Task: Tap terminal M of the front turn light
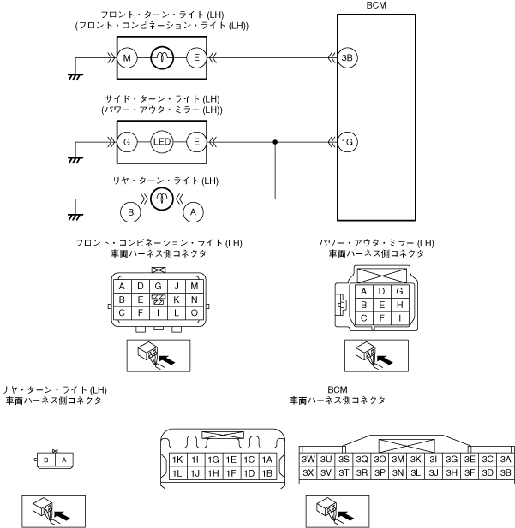[127, 58]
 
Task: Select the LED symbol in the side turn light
[162, 142]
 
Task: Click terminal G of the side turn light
[127, 142]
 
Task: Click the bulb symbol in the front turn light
[162, 58]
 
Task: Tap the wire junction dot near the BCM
[275, 142]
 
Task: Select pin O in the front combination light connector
[195, 312]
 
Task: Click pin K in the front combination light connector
[177, 300]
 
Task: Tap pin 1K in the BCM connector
[177, 460]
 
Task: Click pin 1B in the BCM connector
[267, 472]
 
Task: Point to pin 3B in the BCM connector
[505, 472]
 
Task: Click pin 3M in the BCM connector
[398, 460]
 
